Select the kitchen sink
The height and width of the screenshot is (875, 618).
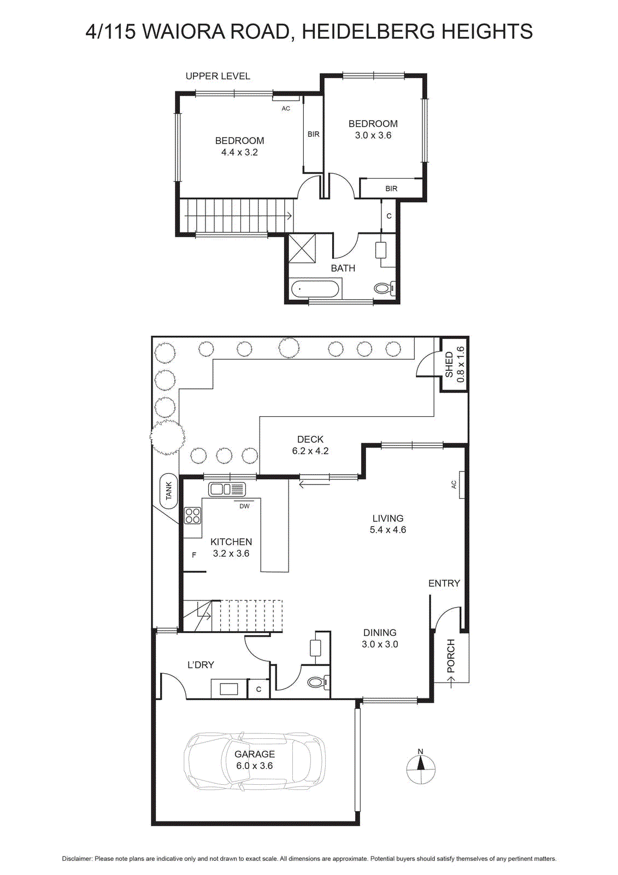coord(227,489)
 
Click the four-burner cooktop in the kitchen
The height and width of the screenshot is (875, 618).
coord(193,515)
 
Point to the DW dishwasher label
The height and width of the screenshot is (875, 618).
coord(244,506)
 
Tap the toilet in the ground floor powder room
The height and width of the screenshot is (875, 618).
coord(319,681)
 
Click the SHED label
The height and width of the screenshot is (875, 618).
coord(449,364)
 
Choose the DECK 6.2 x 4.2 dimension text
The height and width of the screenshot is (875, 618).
coord(310,445)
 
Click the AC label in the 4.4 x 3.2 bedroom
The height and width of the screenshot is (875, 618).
coord(286,109)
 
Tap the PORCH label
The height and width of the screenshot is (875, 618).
coord(451,656)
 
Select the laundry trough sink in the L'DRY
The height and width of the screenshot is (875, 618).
coord(229,689)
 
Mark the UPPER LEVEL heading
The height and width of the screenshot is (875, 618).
coord(218,76)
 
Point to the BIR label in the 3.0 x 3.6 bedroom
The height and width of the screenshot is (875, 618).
coord(391,189)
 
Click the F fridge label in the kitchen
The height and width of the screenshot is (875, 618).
coord(194,555)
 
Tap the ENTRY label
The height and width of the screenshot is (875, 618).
coord(444,583)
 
